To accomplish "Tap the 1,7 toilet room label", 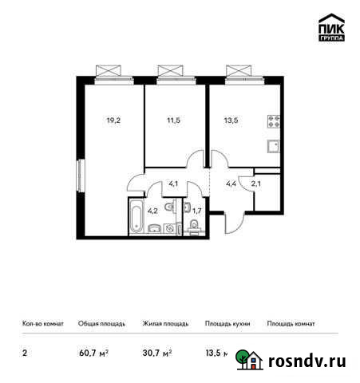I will point(196,211).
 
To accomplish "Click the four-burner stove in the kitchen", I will point(274,123).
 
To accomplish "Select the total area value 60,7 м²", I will point(93,351).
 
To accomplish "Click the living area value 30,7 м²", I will point(157,351).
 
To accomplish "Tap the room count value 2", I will point(23,351).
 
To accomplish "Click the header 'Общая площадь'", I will point(100,324).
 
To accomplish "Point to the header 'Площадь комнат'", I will point(291,324).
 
